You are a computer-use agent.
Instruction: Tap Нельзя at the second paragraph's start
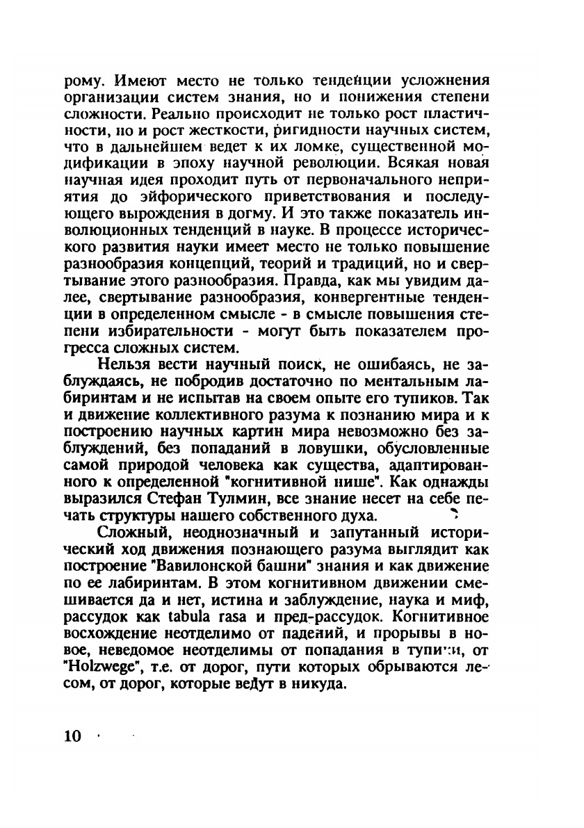122,365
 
